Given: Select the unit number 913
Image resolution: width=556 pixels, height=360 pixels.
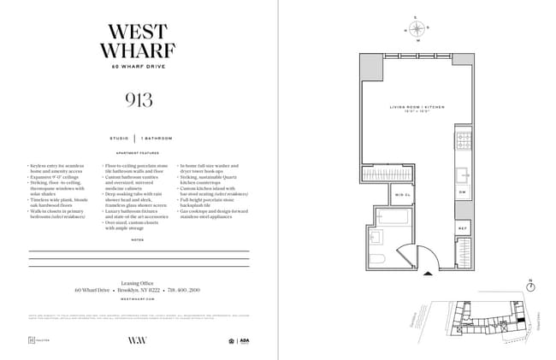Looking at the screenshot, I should coord(139,100).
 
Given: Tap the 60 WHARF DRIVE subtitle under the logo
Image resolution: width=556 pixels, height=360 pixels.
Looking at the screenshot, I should coord(139,67).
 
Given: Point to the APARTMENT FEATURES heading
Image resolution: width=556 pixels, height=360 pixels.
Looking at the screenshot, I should coord(139,153).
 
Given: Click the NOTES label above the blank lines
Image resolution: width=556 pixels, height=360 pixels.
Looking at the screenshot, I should coord(139,240).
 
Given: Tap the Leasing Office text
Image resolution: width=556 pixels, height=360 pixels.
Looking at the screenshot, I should coord(139,281).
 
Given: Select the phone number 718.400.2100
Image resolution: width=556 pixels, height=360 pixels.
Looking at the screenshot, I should coord(185,290).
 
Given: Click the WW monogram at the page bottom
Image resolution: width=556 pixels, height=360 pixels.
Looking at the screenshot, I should coord(138,340).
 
